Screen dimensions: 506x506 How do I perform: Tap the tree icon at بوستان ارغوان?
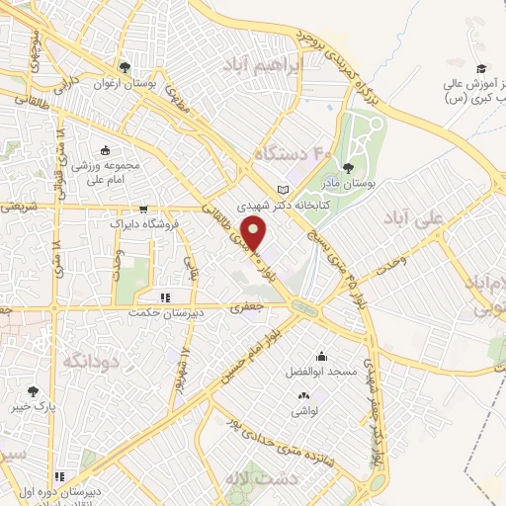pos(125,67)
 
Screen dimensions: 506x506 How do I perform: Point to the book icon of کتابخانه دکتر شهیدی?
pos(284,190)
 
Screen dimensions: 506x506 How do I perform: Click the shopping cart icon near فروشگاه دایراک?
pos(144,210)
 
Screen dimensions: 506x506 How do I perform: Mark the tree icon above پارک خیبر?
pos(35,391)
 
